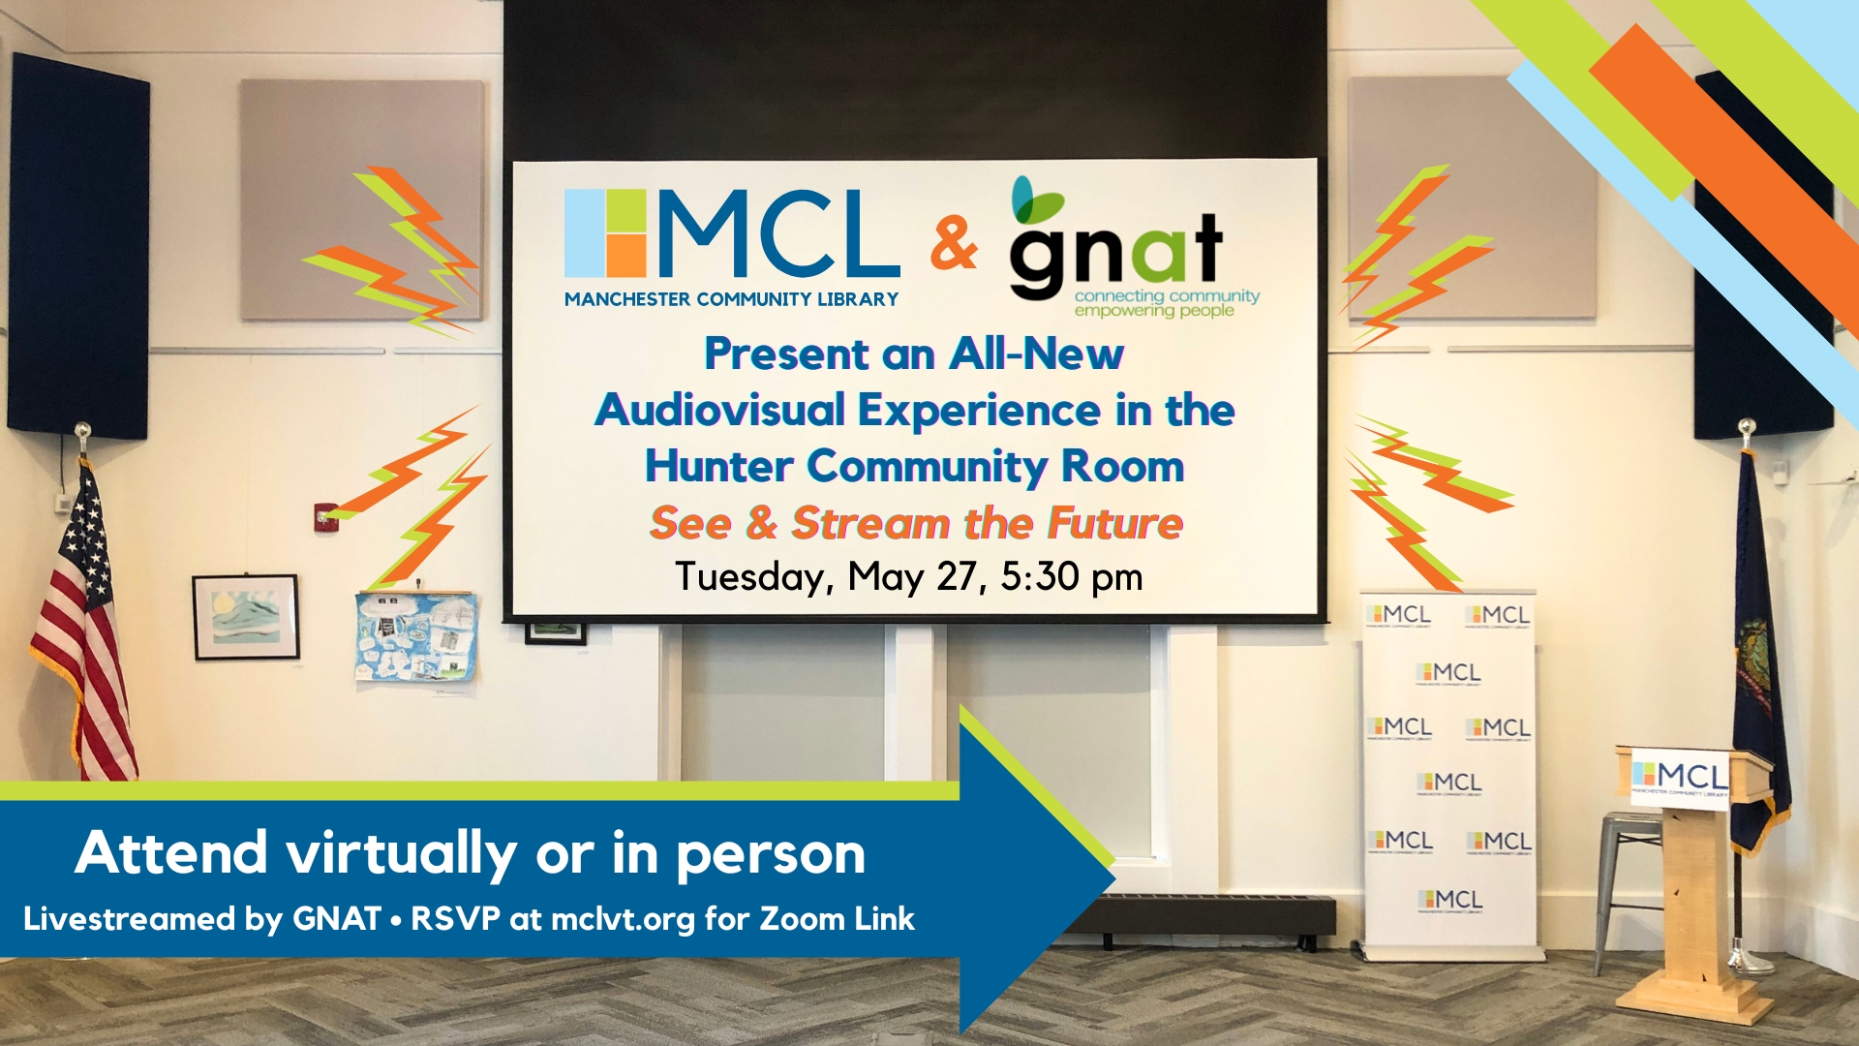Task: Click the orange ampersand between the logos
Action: point(954,243)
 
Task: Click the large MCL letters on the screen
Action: point(779,232)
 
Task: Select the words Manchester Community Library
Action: point(731,299)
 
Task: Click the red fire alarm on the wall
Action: point(326,518)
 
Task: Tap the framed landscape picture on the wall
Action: point(246,617)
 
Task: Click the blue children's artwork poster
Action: point(416,635)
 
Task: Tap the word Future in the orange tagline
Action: point(1115,523)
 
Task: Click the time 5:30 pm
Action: point(1072,577)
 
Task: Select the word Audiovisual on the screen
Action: point(720,411)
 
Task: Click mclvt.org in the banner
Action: point(623,919)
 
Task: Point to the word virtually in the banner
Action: point(401,854)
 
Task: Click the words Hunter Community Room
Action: point(915,466)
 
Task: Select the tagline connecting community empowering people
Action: point(1167,303)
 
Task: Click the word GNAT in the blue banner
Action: point(337,918)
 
